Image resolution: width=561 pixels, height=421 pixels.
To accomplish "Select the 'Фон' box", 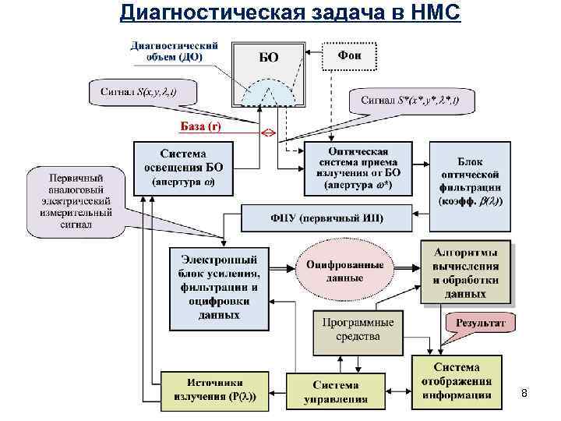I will [349, 55].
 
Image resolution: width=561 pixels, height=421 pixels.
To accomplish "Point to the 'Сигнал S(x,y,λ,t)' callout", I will [139, 94].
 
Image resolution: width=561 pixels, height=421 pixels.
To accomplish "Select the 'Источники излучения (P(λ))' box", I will [213, 391].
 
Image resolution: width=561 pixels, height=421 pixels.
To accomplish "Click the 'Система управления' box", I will [336, 392].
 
